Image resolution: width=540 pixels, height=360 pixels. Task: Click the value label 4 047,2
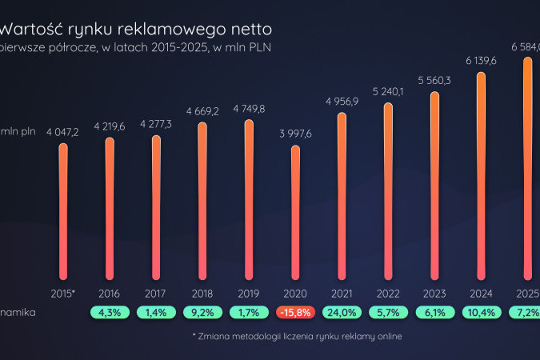tap(63, 131)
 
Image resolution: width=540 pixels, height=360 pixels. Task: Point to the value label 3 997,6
tap(295, 133)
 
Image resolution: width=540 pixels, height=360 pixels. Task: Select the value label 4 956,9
tap(342, 101)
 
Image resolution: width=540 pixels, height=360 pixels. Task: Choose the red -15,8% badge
tap(295, 312)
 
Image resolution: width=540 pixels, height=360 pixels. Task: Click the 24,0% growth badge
tap(342, 312)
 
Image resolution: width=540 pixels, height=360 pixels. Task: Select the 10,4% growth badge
tap(481, 312)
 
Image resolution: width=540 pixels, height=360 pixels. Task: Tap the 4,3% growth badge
tap(110, 312)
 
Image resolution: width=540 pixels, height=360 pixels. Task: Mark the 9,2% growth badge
tap(202, 312)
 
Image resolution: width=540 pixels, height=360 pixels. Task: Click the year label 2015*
tap(63, 293)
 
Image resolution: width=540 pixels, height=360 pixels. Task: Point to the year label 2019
tap(249, 293)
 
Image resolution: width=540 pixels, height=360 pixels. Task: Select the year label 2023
tap(434, 293)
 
